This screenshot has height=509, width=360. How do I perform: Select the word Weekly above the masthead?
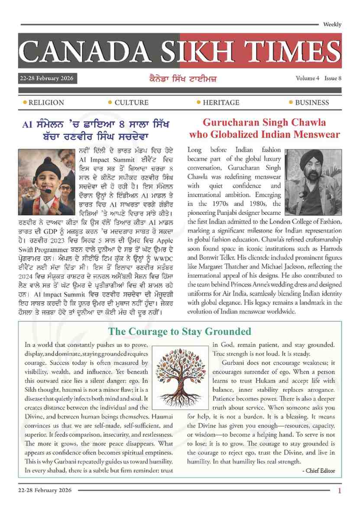(332, 25)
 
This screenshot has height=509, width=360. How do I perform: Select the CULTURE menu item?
(131, 103)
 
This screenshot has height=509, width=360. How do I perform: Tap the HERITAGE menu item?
(221, 103)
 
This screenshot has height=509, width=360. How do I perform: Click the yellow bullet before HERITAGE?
(198, 102)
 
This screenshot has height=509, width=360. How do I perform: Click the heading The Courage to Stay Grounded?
(180, 332)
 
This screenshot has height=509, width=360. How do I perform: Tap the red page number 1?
(340, 491)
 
